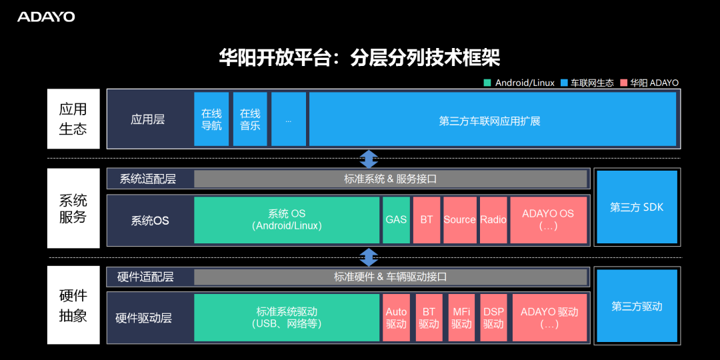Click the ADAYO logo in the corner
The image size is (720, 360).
coord(46,17)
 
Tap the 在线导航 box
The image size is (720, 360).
coord(211,119)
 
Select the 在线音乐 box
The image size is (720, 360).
coord(250,119)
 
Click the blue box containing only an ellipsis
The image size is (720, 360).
coord(289,119)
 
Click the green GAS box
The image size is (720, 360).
coord(396,220)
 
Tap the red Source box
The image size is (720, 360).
coord(459,220)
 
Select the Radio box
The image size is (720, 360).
coord(493,220)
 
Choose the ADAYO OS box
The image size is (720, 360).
coord(548,220)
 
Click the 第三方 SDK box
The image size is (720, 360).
coord(637,207)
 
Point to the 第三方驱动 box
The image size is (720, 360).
coord(637,307)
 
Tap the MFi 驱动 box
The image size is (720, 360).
coord(461,318)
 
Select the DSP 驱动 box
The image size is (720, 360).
coord(493,318)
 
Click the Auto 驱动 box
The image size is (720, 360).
coord(396,318)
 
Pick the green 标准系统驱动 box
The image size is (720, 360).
coord(287,318)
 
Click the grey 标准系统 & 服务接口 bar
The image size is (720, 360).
coord(390,179)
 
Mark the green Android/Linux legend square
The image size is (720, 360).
coord(487,83)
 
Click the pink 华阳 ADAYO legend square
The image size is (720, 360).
coord(623,83)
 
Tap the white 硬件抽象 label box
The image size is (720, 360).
coord(73,305)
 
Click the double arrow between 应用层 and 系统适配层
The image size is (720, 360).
coord(369,159)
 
